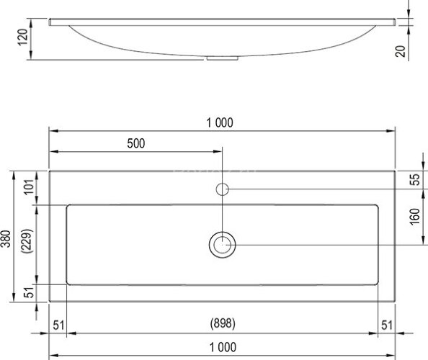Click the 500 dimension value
click(136, 143)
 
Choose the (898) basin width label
click(223, 323)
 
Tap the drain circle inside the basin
click(223, 245)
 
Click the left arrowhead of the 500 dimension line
click(53, 152)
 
